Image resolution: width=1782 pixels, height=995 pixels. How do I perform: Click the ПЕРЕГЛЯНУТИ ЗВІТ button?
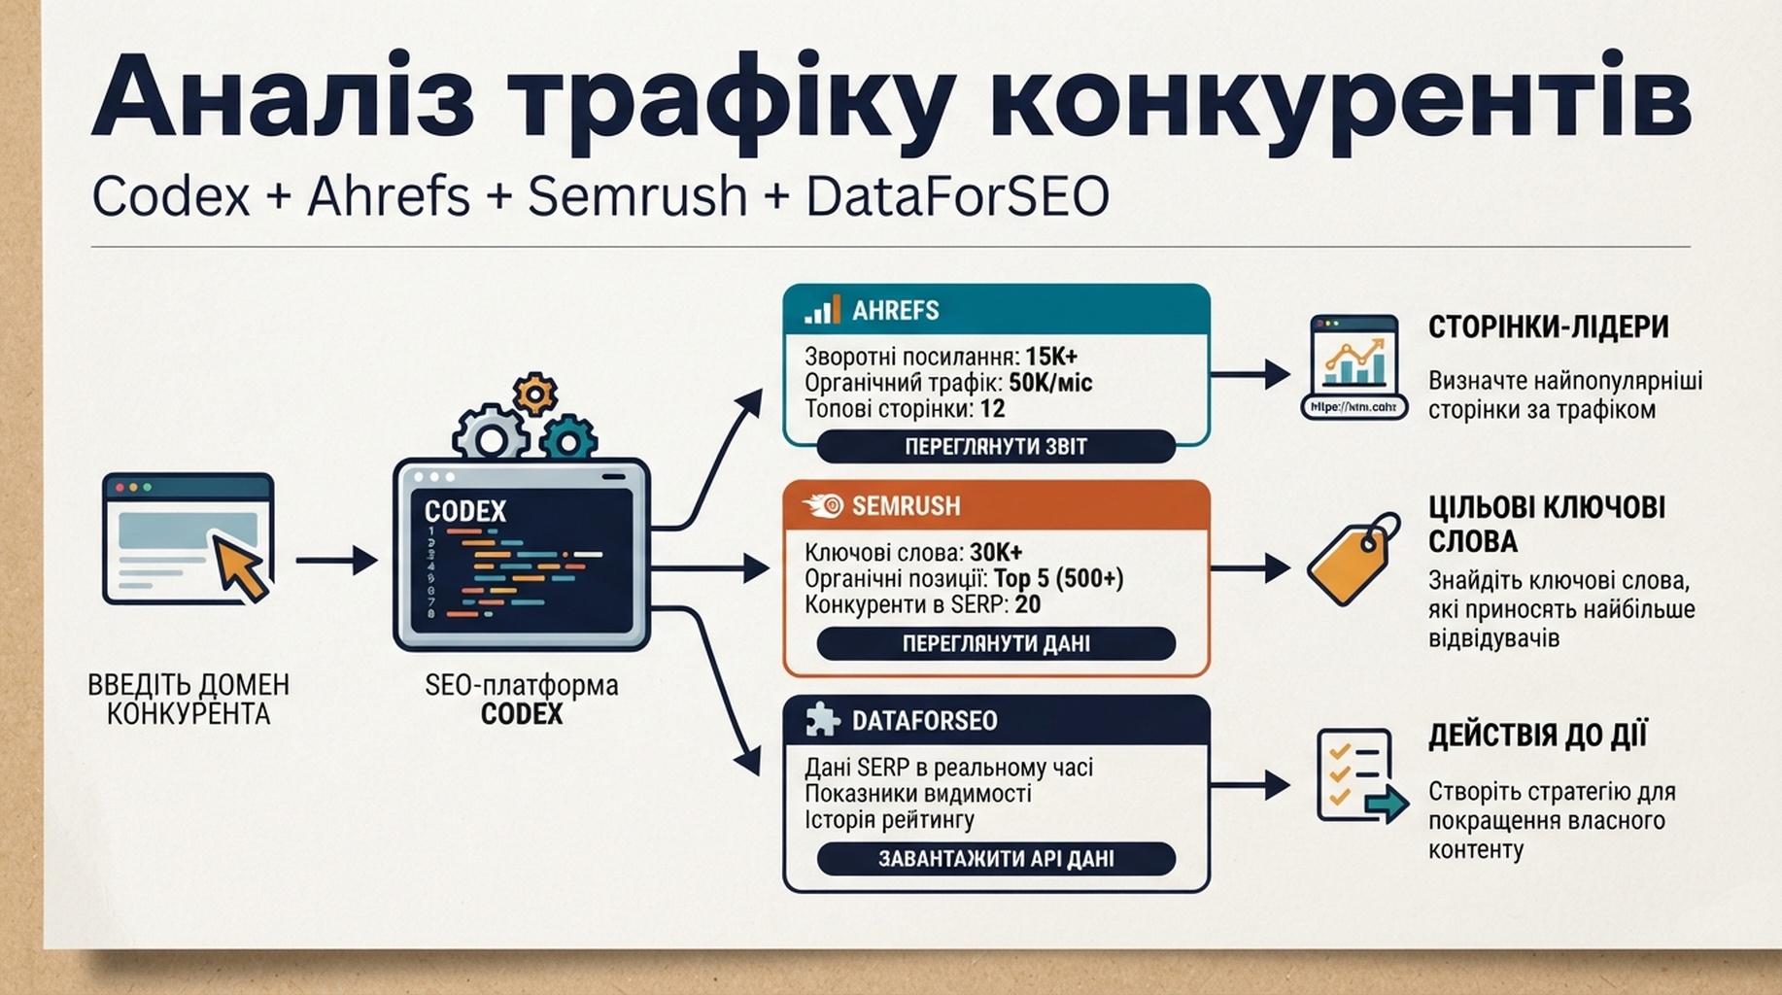pos(996,447)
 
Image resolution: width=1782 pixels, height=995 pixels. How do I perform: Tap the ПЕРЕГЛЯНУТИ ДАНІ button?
pos(996,643)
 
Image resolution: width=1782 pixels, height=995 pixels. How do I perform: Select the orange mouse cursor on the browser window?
pos(239,567)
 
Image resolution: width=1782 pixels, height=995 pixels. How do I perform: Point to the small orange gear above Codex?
pos(534,395)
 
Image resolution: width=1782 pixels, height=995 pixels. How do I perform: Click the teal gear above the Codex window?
pos(568,438)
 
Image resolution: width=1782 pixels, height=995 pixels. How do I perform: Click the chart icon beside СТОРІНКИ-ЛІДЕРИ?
pos(1354,367)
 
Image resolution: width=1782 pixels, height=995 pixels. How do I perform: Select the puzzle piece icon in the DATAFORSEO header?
pos(822,720)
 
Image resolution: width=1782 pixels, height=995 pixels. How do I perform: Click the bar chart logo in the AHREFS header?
pos(822,310)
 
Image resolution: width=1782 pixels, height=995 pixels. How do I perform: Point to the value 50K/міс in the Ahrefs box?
pos(1050,383)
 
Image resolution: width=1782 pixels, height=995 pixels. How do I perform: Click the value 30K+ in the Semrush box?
pos(996,553)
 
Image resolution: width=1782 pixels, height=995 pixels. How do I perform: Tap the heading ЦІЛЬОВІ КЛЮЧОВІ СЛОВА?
pos(1546,524)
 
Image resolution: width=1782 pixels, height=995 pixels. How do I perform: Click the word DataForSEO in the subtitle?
pos(957,196)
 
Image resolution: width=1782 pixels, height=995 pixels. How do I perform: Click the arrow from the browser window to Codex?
pos(336,560)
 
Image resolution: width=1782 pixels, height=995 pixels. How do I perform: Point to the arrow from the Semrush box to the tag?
pos(1251,568)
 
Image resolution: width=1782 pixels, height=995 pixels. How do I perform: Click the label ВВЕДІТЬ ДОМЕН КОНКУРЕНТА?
pos(188,700)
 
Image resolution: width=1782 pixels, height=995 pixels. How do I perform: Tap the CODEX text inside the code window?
pos(465,511)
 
